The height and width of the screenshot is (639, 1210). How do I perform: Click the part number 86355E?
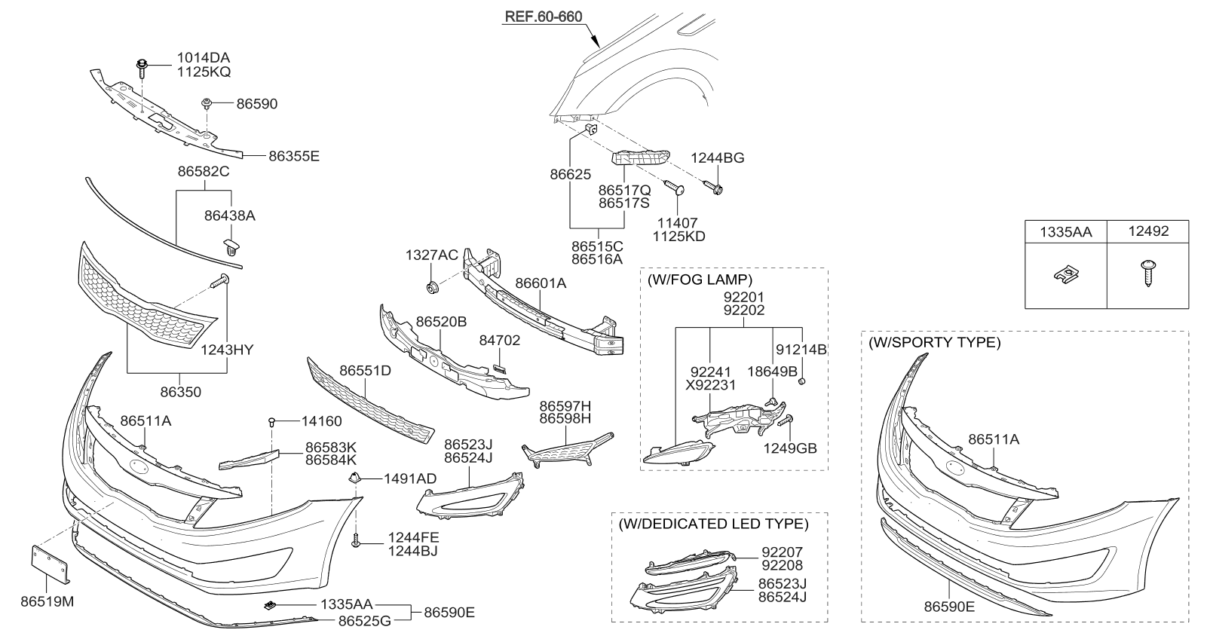tap(294, 157)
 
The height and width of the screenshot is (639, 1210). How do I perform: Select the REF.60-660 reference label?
tap(543, 17)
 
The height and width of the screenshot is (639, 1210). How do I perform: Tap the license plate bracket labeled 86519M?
tap(50, 564)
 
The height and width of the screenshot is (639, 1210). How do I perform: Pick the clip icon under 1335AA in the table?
tap(1064, 275)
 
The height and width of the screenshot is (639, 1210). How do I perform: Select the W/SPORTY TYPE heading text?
tap(935, 343)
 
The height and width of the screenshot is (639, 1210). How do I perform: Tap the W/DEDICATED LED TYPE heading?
tap(712, 524)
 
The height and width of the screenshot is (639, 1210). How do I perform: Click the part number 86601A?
tap(541, 283)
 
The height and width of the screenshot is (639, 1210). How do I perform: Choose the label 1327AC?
tap(431, 255)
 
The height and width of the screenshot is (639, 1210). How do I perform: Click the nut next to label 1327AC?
tap(433, 287)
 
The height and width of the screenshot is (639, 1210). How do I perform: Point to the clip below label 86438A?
tap(231, 246)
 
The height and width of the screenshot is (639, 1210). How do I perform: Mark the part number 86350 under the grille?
tap(180, 393)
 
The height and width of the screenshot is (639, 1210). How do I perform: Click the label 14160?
tap(322, 422)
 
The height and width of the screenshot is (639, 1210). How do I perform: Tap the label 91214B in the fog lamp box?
tap(802, 350)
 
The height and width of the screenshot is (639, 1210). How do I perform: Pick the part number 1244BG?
tap(718, 158)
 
